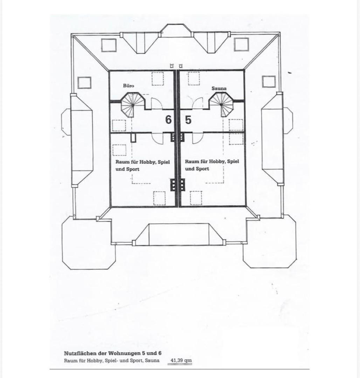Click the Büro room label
tap(129, 86)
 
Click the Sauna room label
tap(219, 88)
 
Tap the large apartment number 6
tap(168, 120)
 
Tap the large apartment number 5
tap(188, 120)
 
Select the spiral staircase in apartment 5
tap(221, 104)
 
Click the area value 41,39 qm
tap(181, 360)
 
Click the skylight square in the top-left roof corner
tap(109, 45)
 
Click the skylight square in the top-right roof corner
tap(241, 44)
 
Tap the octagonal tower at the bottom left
tap(89, 242)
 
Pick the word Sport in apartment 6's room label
tap(133, 169)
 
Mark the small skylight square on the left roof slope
tap(84, 83)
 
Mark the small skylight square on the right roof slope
tap(269, 82)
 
